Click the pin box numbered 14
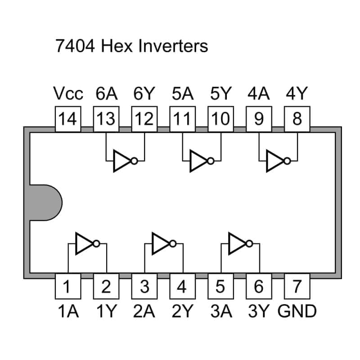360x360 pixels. pos(68,119)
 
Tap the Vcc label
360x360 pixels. pos(68,94)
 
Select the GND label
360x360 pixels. pos(297,311)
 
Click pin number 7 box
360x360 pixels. pos(297,286)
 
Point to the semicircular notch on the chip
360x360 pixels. pos(45,202)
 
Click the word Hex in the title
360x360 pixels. pos(115,46)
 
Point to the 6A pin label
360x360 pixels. pos(106,94)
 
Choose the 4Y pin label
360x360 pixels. pos(297,94)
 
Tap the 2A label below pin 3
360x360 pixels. pos(144,311)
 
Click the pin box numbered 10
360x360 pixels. pos(220,119)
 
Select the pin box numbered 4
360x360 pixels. pos(182,286)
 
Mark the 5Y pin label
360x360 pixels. pos(220,94)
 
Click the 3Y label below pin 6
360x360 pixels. pos(259,311)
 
